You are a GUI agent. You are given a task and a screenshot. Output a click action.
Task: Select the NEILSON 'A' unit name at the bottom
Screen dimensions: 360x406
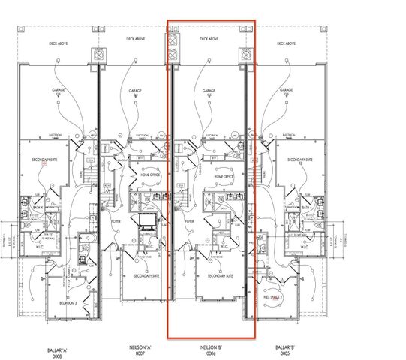pos(135,349)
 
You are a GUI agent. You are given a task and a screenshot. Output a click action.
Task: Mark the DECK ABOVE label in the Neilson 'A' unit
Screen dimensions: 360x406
pos(135,39)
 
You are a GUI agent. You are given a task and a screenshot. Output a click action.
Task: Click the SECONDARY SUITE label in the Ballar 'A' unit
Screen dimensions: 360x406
pos(44,160)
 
